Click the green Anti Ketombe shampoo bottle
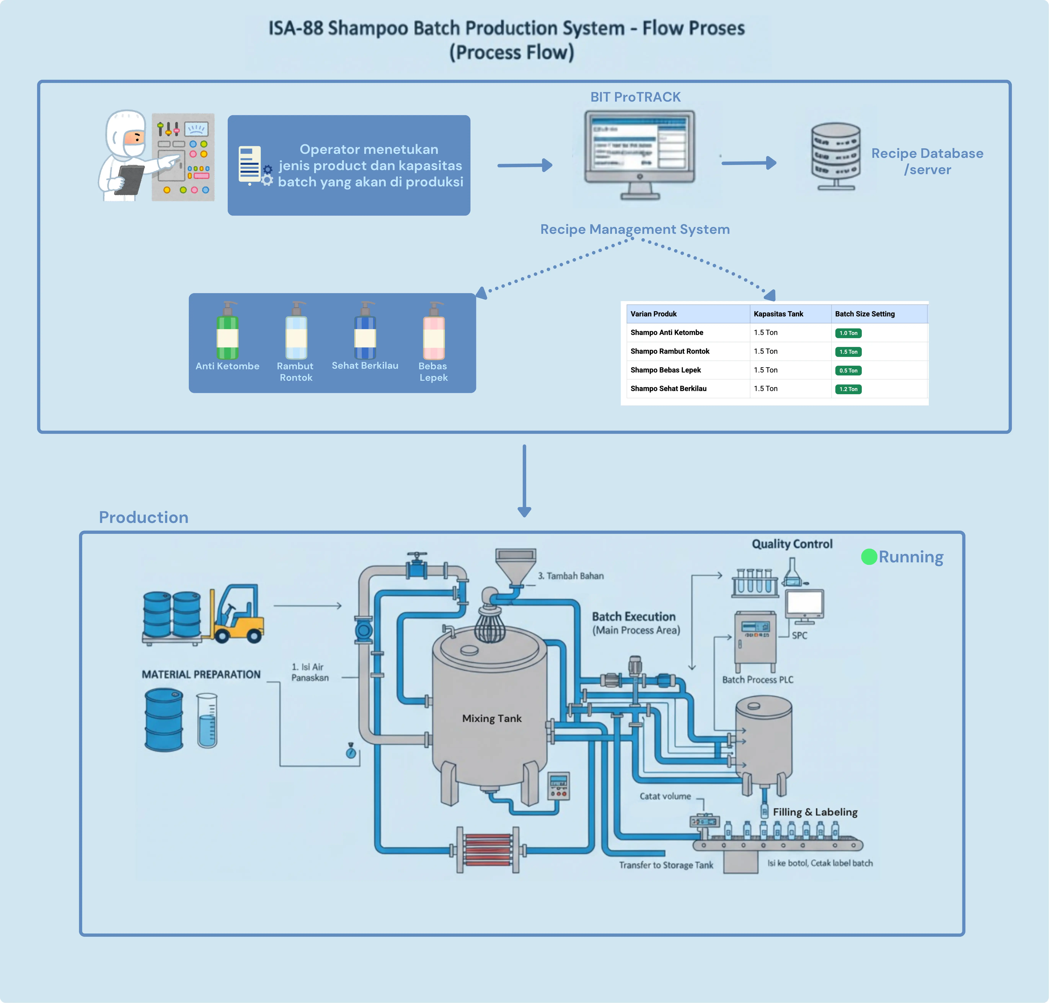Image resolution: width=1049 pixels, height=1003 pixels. coord(227,331)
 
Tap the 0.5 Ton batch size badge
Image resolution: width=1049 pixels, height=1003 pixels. coord(848,370)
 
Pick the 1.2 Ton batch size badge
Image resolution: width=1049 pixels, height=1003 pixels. coord(848,389)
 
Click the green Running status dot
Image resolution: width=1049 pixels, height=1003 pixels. coord(869,557)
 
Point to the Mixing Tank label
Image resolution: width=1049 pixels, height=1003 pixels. coord(491,718)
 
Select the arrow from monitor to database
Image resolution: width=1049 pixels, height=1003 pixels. coord(749,163)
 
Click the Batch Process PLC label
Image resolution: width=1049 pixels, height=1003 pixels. coord(758,679)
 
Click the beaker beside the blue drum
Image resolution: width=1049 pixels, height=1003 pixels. coord(207,720)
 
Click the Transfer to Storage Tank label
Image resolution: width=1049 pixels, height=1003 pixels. coord(666,865)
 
